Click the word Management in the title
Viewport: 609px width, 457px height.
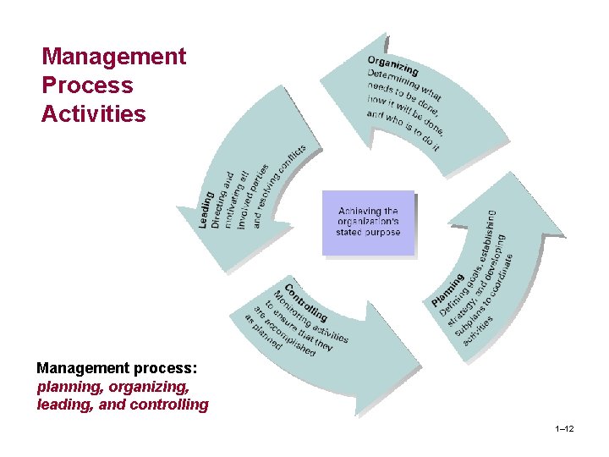point(113,57)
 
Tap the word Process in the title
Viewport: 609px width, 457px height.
point(87,85)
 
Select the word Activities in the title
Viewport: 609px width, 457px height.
point(93,113)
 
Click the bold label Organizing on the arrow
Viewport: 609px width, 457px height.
point(392,64)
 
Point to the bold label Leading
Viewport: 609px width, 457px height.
point(205,209)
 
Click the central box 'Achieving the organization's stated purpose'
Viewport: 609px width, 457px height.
point(369,223)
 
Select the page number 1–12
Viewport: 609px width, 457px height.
point(564,430)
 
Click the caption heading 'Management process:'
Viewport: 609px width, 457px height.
point(117,369)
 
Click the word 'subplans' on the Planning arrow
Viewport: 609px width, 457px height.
point(474,321)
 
